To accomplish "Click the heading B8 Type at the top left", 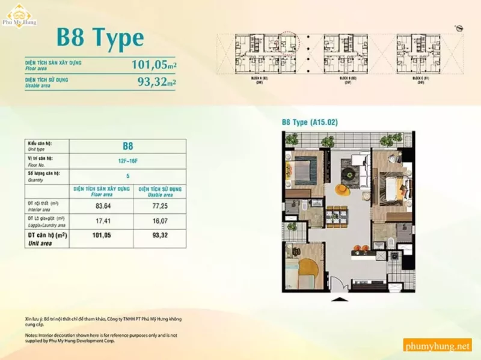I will tap(100, 38).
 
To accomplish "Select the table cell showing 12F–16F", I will tap(127, 161).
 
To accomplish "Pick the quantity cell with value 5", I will tap(127, 176).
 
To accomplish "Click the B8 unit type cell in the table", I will tap(127, 145).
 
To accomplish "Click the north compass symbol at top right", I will tap(460, 28).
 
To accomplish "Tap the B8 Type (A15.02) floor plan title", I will tap(310, 123).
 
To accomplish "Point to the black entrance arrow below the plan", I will tap(339, 299).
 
